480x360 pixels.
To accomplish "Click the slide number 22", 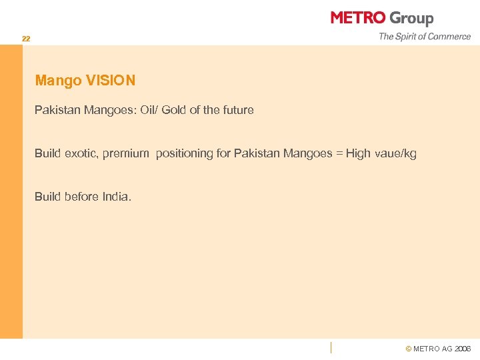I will click(25, 39).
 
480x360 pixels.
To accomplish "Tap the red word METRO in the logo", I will click(358, 18).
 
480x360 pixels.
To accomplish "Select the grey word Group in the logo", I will click(411, 19).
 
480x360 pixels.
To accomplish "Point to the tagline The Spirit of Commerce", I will click(425, 37).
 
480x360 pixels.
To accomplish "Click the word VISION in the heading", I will click(111, 81).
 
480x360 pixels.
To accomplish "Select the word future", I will click(236, 110).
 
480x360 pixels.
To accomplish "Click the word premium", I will click(125, 154).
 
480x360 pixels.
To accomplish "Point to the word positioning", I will click(186, 154).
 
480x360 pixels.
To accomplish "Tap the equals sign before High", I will click(339, 153).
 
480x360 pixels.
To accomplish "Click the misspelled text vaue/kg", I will click(395, 154).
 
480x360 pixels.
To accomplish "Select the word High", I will click(358, 154).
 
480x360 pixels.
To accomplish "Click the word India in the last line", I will click(116, 197).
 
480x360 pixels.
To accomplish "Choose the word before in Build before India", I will click(82, 197).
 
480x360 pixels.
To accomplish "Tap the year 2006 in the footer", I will click(463, 349).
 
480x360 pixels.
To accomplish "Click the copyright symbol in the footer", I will click(409, 349).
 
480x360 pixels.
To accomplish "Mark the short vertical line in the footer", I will click(331, 347).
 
